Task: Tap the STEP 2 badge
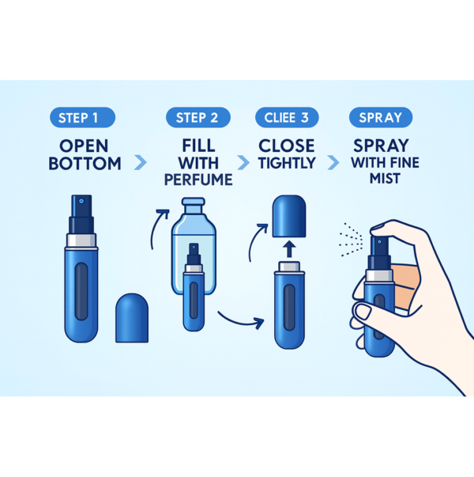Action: pyautogui.click(x=197, y=118)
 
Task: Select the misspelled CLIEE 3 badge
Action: pyautogui.click(x=286, y=118)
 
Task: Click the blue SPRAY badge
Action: pyautogui.click(x=381, y=118)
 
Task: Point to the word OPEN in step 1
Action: pyautogui.click(x=84, y=146)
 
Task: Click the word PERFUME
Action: pyautogui.click(x=197, y=180)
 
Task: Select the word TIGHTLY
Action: pyautogui.click(x=286, y=163)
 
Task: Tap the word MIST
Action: pyautogui.click(x=382, y=180)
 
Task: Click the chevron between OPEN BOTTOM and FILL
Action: pyautogui.click(x=141, y=162)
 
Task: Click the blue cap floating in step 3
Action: pyautogui.click(x=288, y=214)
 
